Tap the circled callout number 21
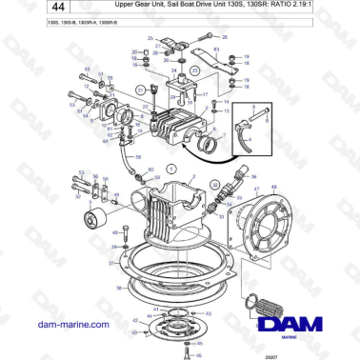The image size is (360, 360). pyautogui.click(x=141, y=90)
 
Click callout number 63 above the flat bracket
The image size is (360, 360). pyautogui.click(x=216, y=48)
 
